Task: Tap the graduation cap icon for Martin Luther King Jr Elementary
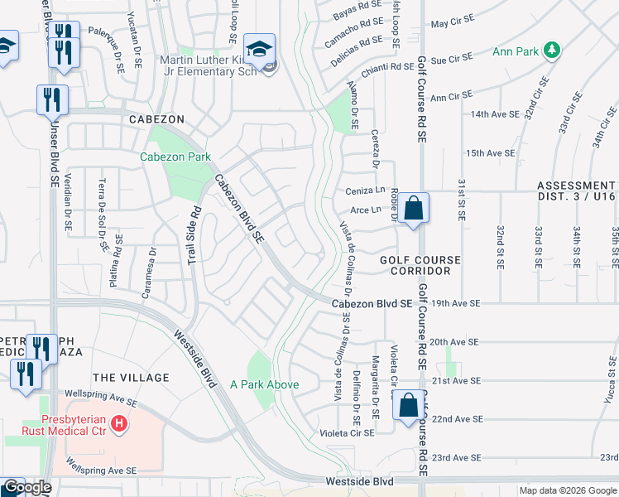pyautogui.click(x=260, y=48)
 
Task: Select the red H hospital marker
pyautogui.click(x=119, y=424)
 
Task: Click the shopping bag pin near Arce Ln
pyautogui.click(x=415, y=208)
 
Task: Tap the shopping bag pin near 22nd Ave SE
pyautogui.click(x=408, y=407)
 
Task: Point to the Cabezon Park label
pyautogui.click(x=175, y=157)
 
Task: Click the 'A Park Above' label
pyautogui.click(x=264, y=384)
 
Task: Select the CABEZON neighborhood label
pyautogui.click(x=156, y=119)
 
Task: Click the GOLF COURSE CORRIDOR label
pyautogui.click(x=420, y=265)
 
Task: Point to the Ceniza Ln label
pyautogui.click(x=365, y=191)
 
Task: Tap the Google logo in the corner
pyautogui.click(x=26, y=487)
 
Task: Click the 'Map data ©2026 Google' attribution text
pyautogui.click(x=567, y=490)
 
